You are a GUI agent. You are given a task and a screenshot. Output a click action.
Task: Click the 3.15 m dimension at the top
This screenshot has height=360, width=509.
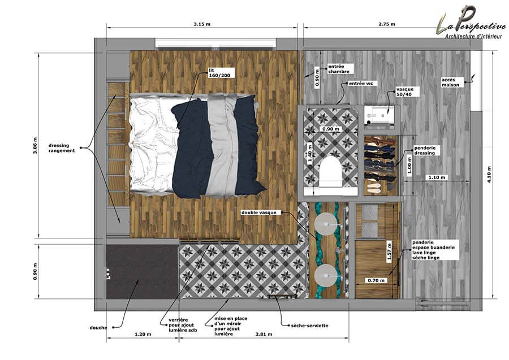tap(202, 24)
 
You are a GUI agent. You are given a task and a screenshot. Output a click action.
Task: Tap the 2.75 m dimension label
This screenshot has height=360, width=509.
tap(387, 24)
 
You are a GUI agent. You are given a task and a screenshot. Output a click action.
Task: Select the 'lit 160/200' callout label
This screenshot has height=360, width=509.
tap(219, 73)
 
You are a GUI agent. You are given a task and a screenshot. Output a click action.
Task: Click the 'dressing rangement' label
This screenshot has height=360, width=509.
tap(62, 148)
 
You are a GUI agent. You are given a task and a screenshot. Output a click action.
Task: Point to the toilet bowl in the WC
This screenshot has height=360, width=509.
tap(330, 172)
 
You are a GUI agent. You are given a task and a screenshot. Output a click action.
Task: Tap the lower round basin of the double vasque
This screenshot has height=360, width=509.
tap(326, 275)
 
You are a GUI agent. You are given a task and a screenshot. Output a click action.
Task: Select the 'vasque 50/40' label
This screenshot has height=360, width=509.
tap(404, 92)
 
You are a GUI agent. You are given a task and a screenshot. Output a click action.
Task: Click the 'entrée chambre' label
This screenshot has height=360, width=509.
tap(339, 69)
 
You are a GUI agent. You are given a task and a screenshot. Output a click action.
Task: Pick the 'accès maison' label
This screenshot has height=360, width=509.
tap(451, 82)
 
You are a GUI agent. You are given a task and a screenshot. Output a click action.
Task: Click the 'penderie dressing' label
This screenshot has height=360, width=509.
tap(425, 150)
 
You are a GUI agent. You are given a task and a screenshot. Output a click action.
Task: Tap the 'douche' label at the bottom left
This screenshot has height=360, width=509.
tap(98, 328)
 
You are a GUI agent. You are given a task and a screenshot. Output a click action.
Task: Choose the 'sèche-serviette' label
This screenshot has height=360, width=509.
tap(309, 326)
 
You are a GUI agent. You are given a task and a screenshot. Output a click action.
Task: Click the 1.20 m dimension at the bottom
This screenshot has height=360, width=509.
tap(143, 334)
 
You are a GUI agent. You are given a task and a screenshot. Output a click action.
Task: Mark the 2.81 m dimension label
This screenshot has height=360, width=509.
tap(264, 334)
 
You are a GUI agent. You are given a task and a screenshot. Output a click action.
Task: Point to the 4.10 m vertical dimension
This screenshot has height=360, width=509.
tap(490, 175)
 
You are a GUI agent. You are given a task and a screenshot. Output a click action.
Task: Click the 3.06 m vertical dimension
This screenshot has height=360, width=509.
tap(35, 145)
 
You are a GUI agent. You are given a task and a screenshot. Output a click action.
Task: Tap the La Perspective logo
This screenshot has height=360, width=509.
tap(471, 22)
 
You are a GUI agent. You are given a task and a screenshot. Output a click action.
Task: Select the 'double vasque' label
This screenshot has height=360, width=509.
tap(258, 212)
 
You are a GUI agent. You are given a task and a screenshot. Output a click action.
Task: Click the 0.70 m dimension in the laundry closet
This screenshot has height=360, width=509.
tap(376, 280)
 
